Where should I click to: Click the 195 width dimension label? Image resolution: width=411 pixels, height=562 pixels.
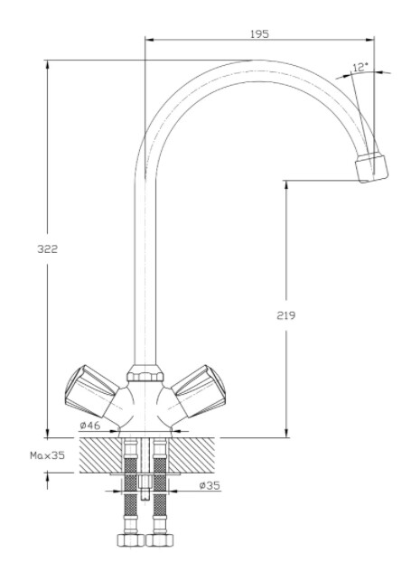click(259, 34)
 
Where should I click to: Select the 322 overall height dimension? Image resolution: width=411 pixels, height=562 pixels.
click(48, 248)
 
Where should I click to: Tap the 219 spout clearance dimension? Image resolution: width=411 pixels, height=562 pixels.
click(286, 315)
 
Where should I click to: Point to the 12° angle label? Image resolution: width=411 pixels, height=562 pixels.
click(360, 67)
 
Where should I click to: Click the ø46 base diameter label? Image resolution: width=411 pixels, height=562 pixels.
click(90, 426)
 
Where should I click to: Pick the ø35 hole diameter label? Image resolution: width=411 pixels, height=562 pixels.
click(210, 485)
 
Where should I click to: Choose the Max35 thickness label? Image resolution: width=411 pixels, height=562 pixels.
click(47, 455)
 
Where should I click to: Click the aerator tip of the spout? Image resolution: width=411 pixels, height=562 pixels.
click(371, 167)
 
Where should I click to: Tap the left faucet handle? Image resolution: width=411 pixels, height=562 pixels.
click(92, 391)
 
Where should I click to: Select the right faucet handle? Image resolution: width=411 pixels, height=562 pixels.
click(199, 391)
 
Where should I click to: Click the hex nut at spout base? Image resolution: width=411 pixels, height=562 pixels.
click(145, 373)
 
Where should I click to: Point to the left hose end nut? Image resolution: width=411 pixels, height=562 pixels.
click(130, 539)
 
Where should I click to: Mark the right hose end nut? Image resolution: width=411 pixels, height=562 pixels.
click(160, 539)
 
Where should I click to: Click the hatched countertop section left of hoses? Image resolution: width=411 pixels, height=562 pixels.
click(100, 455)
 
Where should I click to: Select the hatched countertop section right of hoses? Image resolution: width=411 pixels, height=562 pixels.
click(191, 455)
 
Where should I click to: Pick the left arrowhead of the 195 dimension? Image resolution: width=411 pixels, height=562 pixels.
click(150, 40)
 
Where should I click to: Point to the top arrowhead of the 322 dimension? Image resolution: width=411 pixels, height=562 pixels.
click(47, 65)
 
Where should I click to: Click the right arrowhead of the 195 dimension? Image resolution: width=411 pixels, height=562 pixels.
click(369, 40)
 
